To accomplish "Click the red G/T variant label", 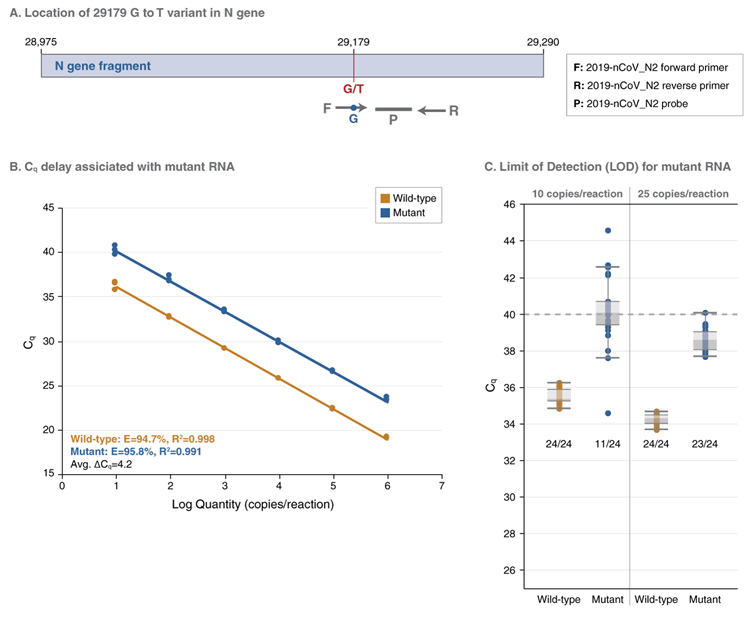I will pyautogui.click(x=353, y=88).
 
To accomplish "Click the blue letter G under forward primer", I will pyautogui.click(x=353, y=118).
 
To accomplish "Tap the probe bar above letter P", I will pyautogui.click(x=393, y=108).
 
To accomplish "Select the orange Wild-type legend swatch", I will pyautogui.click(x=383, y=198).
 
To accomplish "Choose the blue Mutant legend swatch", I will pyautogui.click(x=383, y=213).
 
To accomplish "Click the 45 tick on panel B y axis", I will pyautogui.click(x=48, y=208).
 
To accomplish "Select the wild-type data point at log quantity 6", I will pyautogui.click(x=386, y=437).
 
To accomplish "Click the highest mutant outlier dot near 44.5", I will pyautogui.click(x=607, y=231).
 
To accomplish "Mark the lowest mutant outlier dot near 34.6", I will pyautogui.click(x=607, y=413).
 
